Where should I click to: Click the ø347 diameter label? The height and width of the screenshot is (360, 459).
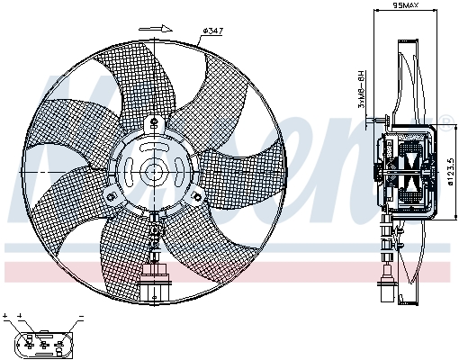pos(212,31)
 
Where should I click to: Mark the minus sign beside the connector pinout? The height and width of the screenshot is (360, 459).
pos(81,317)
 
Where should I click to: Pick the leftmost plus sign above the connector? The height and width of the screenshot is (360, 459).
pos(5,317)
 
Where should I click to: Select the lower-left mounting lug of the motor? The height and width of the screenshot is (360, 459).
pos(112,197)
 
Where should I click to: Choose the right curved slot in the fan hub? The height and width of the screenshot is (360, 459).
pos(175,171)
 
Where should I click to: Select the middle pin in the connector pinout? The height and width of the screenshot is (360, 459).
pos(42,343)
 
